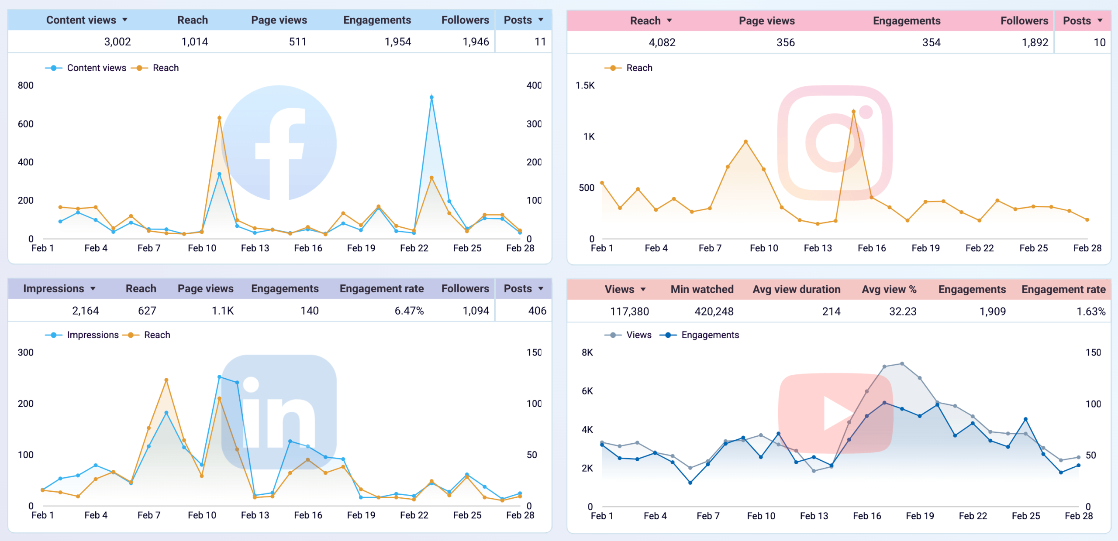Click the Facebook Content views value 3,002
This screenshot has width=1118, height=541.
tap(117, 42)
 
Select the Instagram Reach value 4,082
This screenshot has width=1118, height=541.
tap(662, 43)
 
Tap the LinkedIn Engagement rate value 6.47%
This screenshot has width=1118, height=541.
tap(409, 311)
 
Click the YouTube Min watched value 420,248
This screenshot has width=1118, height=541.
tap(714, 312)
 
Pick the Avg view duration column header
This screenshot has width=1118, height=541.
tap(796, 289)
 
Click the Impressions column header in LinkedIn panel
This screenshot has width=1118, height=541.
tap(53, 289)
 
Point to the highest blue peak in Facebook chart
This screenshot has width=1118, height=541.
tap(431, 97)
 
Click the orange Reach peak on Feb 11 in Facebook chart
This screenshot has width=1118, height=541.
tap(219, 118)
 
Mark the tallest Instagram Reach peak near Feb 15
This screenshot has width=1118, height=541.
tap(853, 112)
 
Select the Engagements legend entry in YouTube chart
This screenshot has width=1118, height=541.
tap(710, 335)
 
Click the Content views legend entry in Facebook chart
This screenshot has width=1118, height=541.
tap(96, 68)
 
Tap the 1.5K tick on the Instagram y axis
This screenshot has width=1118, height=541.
tap(585, 86)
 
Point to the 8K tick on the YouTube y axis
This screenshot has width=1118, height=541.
tap(587, 353)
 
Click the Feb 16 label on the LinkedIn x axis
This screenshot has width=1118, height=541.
tap(308, 515)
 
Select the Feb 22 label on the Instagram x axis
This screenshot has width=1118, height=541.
tap(979, 248)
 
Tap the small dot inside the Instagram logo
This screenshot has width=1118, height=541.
tap(866, 112)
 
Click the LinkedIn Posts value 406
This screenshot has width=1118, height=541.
tap(537, 311)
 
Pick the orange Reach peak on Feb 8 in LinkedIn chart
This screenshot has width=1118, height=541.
tap(166, 380)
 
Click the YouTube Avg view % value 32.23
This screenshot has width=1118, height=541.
tap(902, 312)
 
